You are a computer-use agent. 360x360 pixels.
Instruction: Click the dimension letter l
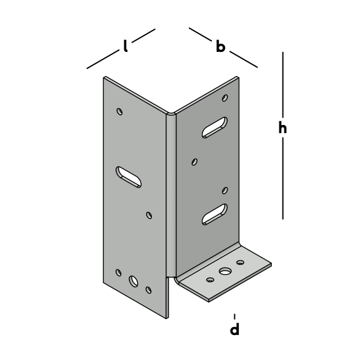[125, 46]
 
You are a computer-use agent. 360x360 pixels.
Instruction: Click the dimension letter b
[221, 46]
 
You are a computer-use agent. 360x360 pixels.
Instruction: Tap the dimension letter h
[282, 127]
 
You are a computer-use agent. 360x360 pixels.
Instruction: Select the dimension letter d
[234, 329]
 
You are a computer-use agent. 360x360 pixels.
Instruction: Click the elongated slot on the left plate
[128, 177]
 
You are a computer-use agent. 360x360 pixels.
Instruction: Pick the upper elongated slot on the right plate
[214, 127]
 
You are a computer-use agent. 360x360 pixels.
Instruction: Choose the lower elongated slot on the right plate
[214, 214]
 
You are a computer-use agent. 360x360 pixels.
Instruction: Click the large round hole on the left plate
[133, 281]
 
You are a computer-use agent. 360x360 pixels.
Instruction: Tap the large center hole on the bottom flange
[225, 271]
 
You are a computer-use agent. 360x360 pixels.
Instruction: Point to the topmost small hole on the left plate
[119, 112]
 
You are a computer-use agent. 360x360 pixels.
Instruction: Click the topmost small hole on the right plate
[225, 97]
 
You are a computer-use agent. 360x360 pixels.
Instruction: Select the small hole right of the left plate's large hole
[149, 290]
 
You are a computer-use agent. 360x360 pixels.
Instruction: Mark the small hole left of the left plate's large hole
[119, 272]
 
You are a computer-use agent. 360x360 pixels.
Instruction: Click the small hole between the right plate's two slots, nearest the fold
[194, 162]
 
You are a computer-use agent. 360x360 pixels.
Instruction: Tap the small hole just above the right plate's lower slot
[225, 191]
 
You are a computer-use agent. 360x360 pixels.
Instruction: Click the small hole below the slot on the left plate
[149, 216]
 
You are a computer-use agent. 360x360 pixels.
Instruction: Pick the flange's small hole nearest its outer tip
[240, 262]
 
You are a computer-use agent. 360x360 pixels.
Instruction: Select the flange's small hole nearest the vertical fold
[210, 280]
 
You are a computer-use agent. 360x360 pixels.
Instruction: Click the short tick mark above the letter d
[234, 317]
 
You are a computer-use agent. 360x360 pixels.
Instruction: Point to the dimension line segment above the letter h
[282, 84]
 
